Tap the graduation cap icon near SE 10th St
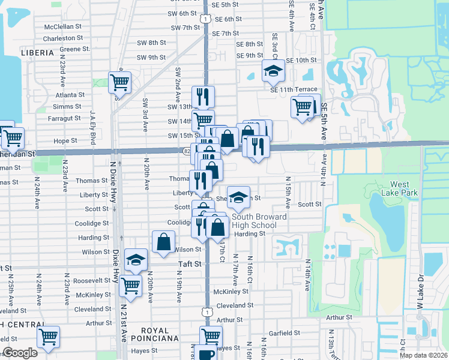273,71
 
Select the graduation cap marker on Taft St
136,260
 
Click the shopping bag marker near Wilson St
164,242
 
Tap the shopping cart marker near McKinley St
130,286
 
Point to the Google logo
20,353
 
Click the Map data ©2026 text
424,355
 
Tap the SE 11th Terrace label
294,89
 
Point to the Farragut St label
68,118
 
